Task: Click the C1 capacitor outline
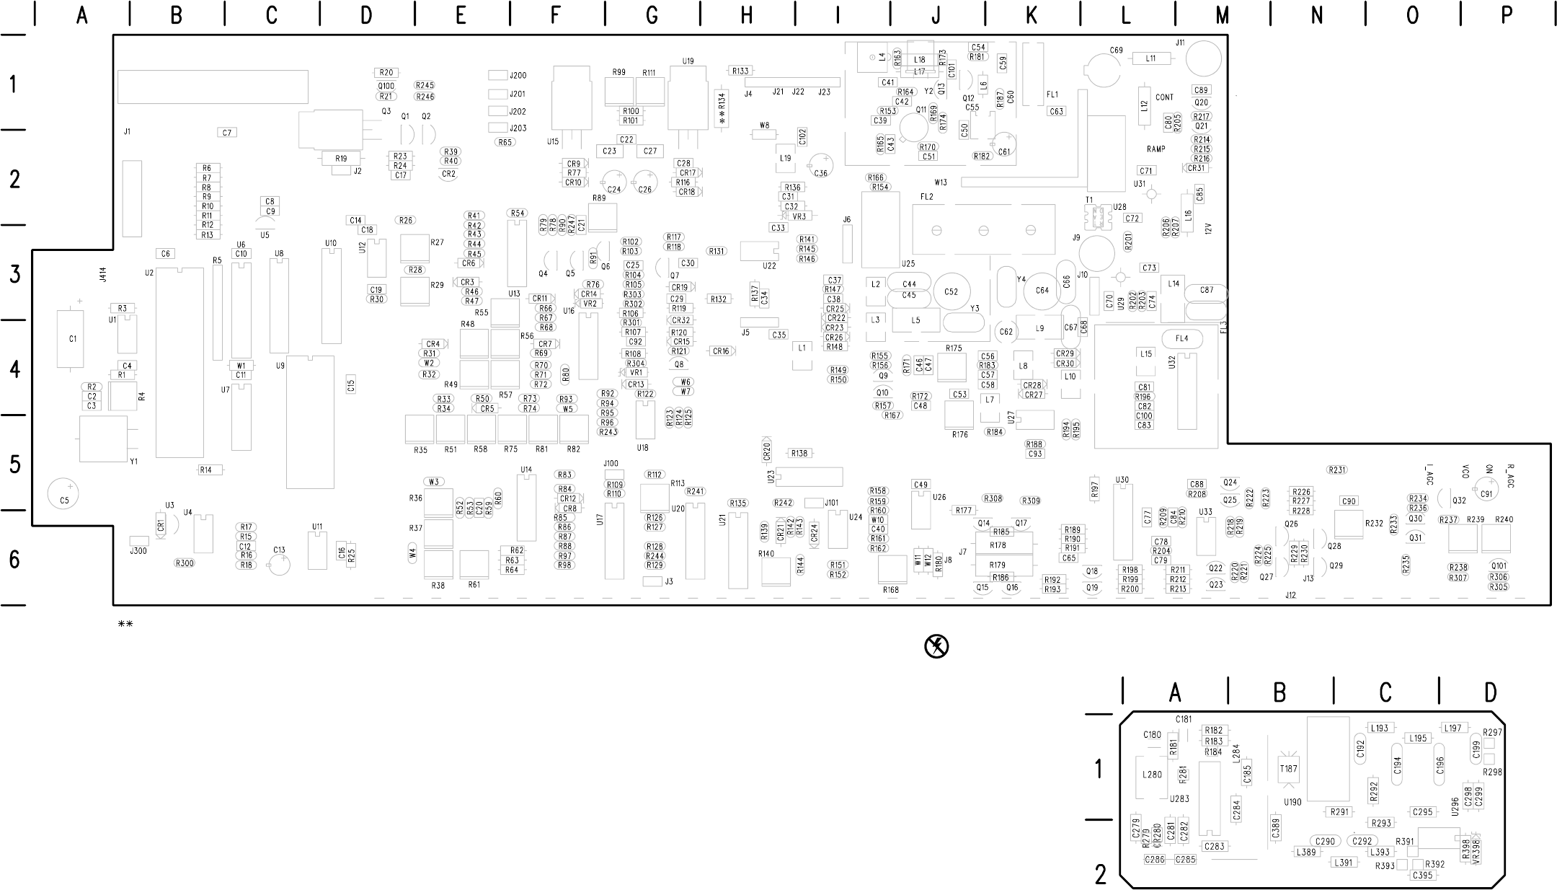71,339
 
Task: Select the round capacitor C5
64,494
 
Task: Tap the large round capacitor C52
951,291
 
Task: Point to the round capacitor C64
1042,291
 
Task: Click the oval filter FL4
1181,338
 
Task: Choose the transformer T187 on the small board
1287,769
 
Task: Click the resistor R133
740,71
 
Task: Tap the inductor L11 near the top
1150,58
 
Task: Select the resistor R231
1337,470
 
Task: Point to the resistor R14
210,470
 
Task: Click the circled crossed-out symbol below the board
936,646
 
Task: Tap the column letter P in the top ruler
1507,15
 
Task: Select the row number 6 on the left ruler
14,560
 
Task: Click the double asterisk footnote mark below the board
125,624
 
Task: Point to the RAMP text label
1156,149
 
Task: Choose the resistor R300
185,563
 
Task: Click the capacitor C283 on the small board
1215,846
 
